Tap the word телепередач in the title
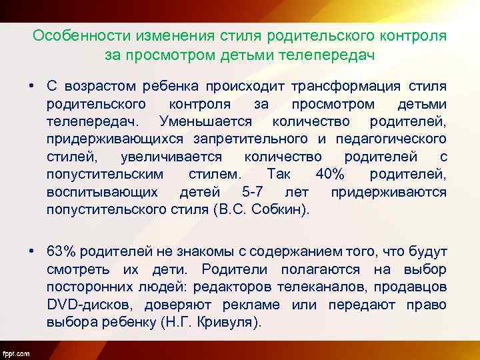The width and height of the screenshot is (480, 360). pos(331,54)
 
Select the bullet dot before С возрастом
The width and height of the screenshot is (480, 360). pos(31,87)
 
